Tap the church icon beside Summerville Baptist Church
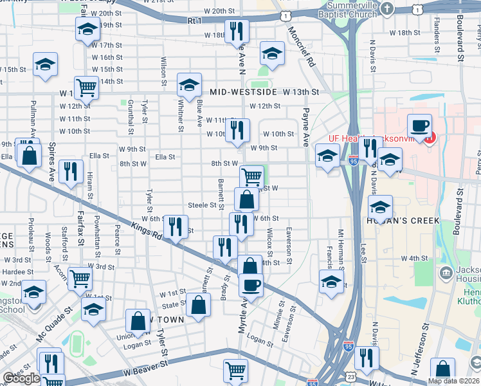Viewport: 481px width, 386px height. [x=386, y=8]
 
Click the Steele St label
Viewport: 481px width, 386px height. [x=201, y=205]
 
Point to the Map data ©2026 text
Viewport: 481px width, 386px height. [x=454, y=381]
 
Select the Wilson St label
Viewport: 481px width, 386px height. [x=164, y=71]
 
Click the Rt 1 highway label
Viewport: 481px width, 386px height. [x=194, y=21]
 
